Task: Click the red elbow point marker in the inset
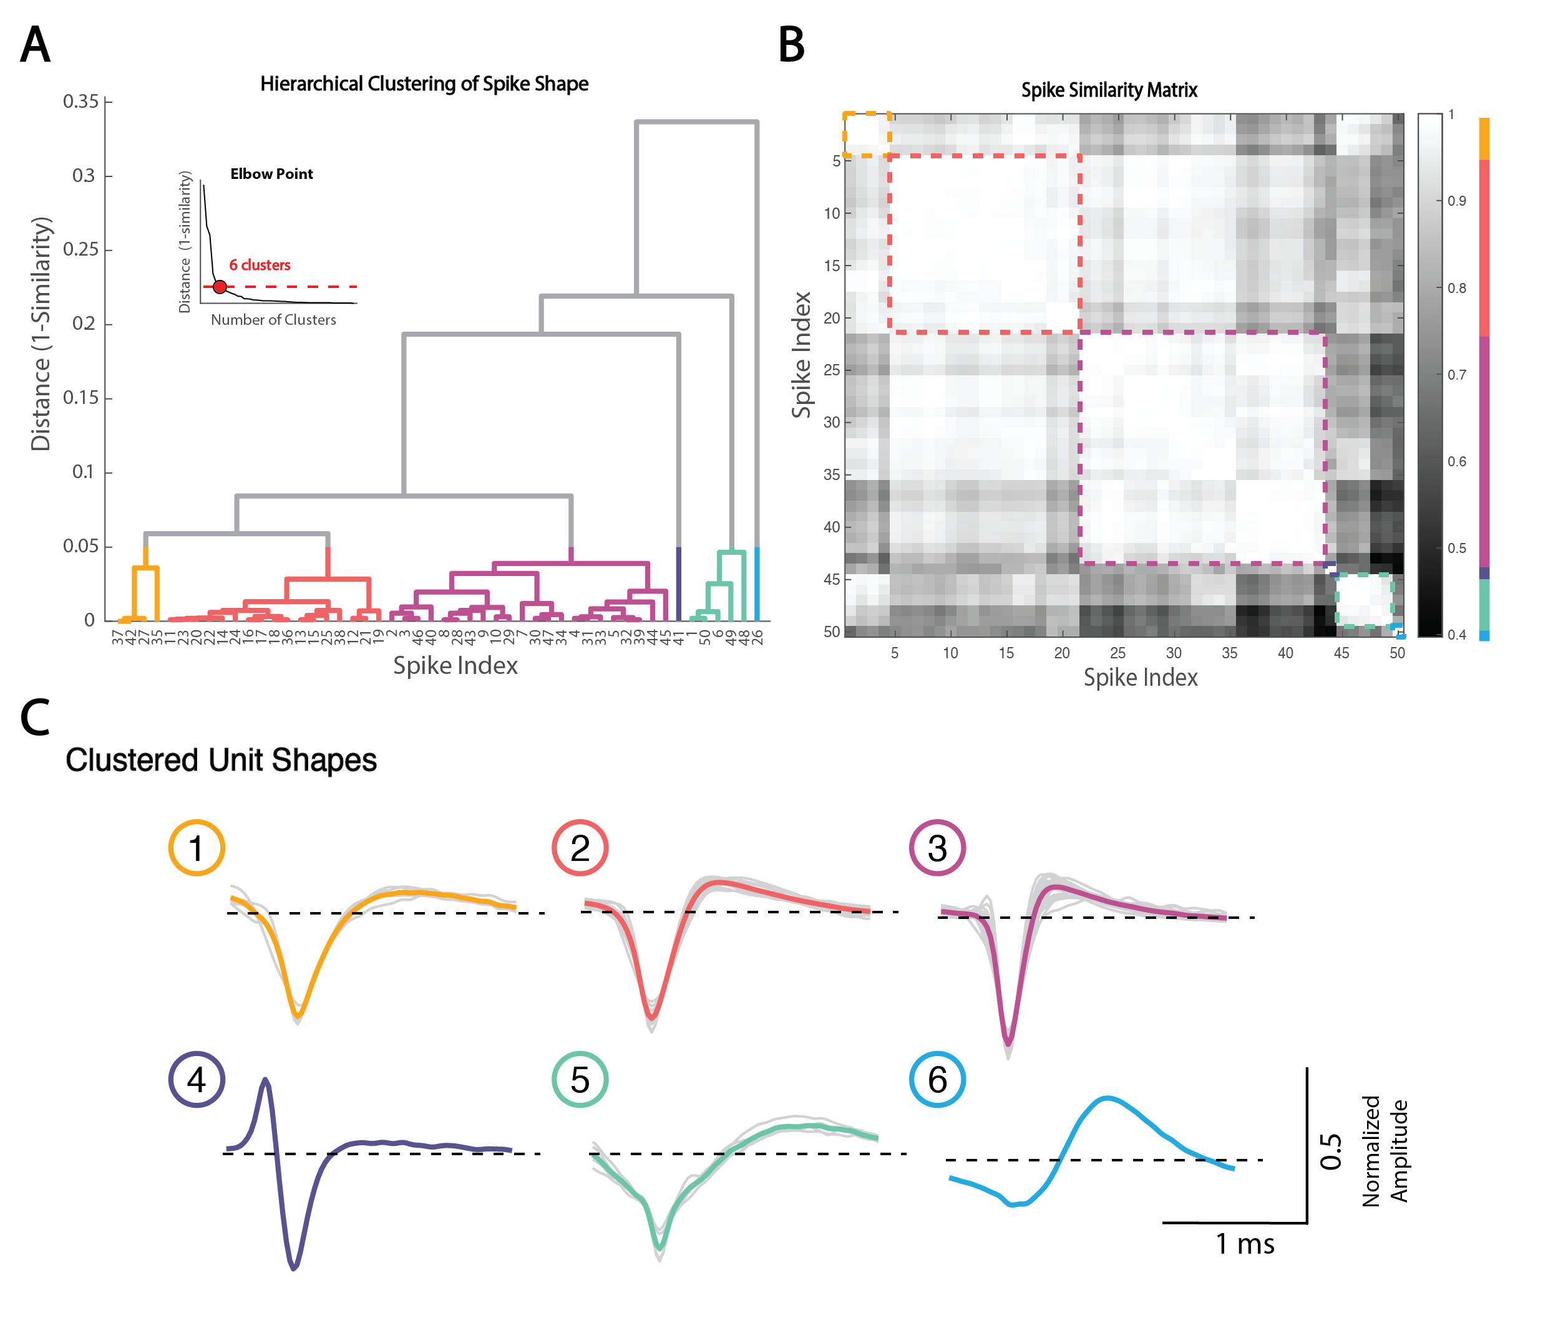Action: (x=220, y=287)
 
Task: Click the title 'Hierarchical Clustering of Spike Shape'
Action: (x=424, y=84)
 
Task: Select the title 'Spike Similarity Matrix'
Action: (x=1109, y=90)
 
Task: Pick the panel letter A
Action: (x=35, y=45)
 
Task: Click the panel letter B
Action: (x=791, y=45)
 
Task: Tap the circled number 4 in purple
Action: (x=197, y=1080)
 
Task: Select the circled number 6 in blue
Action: (x=938, y=1080)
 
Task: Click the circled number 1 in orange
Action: (x=197, y=848)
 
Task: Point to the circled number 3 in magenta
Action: (x=938, y=848)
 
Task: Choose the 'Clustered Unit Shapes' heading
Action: (x=221, y=760)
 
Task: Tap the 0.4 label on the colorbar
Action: (x=1457, y=635)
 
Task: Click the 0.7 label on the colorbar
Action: (x=1457, y=375)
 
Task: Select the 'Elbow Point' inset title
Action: (x=271, y=174)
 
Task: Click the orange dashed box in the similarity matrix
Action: (x=867, y=135)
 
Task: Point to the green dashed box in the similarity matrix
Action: (x=1364, y=600)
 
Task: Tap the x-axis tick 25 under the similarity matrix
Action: (x=1117, y=653)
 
